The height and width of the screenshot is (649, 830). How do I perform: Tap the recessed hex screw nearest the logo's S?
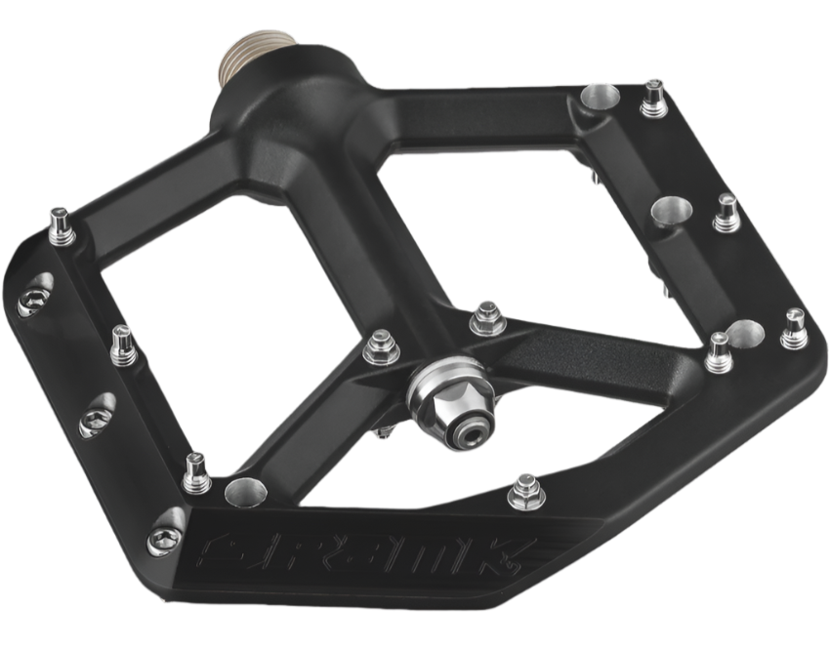[x=163, y=537]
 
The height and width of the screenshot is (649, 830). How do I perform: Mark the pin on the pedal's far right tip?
[x=795, y=330]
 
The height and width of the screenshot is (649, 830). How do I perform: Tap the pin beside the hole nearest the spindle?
[x=652, y=99]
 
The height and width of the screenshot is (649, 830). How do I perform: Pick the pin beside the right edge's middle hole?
[x=726, y=213]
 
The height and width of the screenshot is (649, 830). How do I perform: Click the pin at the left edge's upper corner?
[x=62, y=226]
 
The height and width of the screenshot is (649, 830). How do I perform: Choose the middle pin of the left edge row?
[x=123, y=345]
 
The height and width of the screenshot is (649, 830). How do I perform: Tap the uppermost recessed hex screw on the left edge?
[x=33, y=296]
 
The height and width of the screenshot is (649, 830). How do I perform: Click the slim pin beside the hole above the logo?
[x=196, y=473]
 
